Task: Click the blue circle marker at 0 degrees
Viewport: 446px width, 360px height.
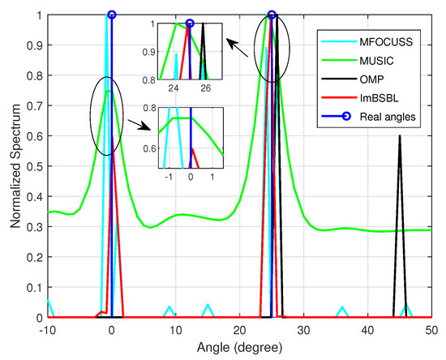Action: pyautogui.click(x=111, y=15)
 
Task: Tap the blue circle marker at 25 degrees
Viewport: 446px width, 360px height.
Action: pyautogui.click(x=272, y=15)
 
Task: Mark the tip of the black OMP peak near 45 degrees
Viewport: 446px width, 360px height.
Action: pyautogui.click(x=399, y=136)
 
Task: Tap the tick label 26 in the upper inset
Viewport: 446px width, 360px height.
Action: pyautogui.click(x=206, y=88)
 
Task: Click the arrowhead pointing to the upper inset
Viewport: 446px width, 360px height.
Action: pyautogui.click(x=228, y=41)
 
